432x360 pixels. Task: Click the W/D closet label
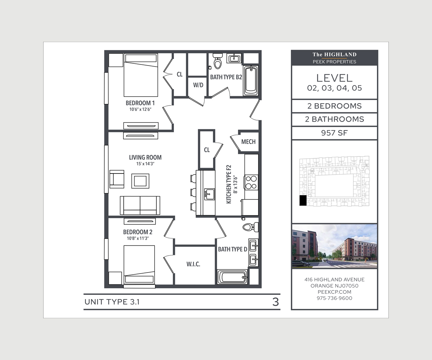(x=198, y=85)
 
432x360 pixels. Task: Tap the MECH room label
(x=248, y=141)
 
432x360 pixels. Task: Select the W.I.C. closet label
(x=193, y=264)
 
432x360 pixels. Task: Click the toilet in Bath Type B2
(x=217, y=62)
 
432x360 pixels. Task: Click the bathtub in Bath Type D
(x=232, y=277)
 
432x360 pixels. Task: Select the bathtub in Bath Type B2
(x=251, y=80)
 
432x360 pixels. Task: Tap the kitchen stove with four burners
(x=251, y=182)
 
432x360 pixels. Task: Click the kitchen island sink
(x=208, y=194)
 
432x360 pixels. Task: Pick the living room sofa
(x=140, y=205)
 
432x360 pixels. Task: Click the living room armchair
(x=117, y=179)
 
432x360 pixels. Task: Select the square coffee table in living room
(x=140, y=180)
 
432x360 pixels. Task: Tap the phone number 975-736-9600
(x=334, y=298)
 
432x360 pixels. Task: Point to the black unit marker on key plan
(x=303, y=201)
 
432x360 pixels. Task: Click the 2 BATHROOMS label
(x=334, y=120)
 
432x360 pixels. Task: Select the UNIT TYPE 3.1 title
(x=112, y=302)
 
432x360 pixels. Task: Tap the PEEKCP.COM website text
(x=334, y=292)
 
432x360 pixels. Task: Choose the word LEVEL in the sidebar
(x=334, y=78)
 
